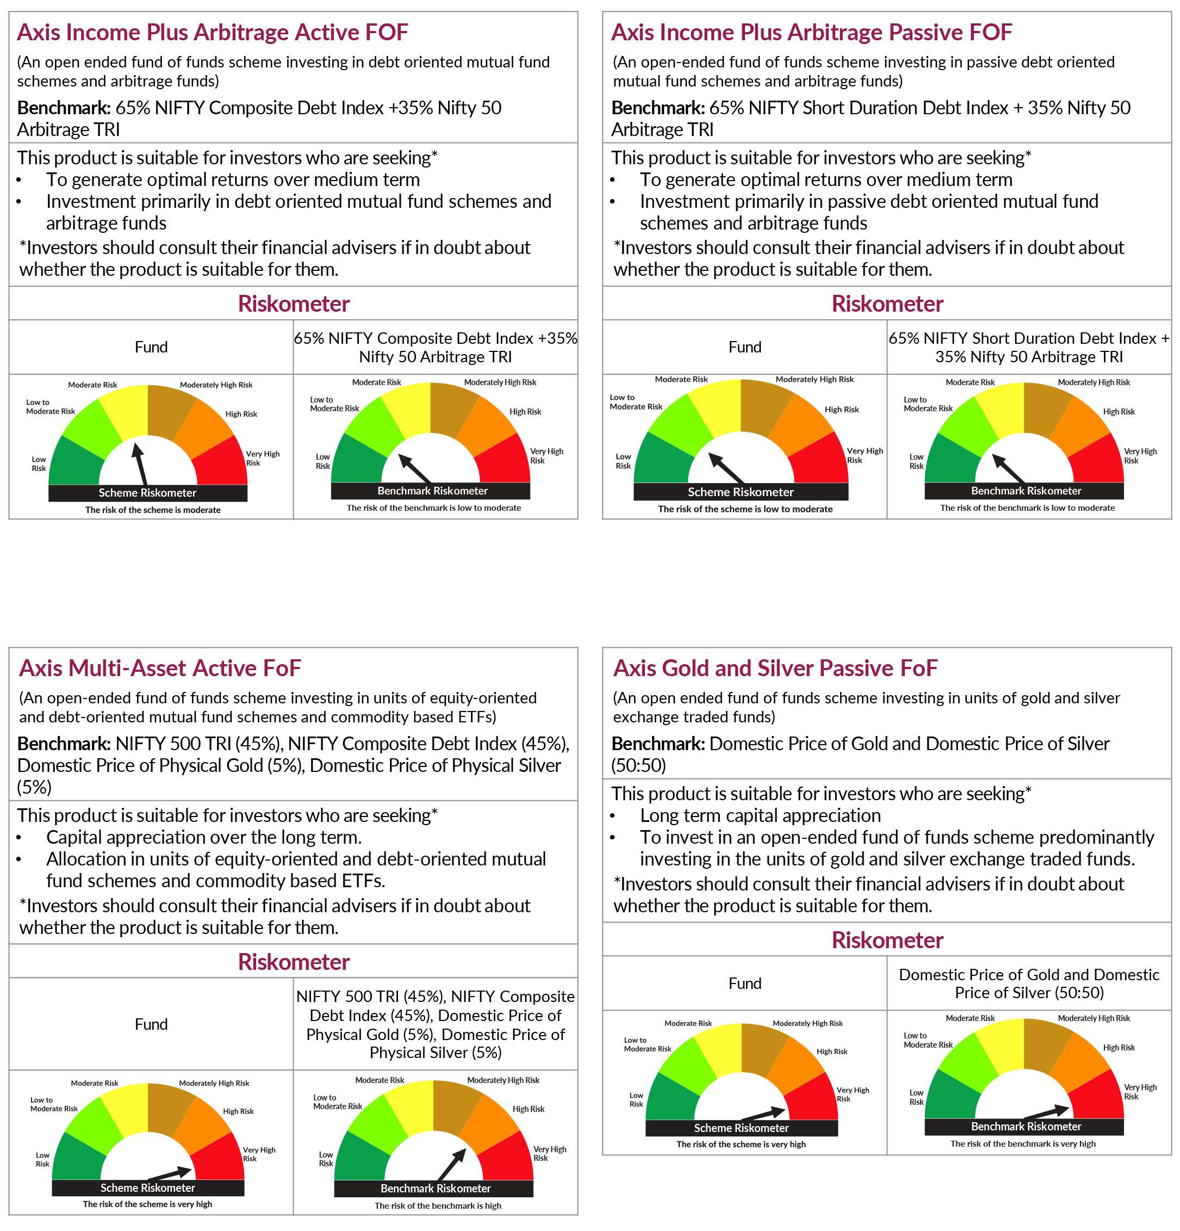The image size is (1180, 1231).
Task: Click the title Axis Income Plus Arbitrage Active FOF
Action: click(x=212, y=32)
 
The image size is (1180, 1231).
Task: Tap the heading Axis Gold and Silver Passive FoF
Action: click(x=774, y=667)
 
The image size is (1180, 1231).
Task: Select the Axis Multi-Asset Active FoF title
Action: click(x=160, y=667)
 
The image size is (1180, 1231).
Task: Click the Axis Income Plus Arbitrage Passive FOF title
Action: click(x=811, y=32)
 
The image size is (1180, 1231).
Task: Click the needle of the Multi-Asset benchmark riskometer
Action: click(x=451, y=1163)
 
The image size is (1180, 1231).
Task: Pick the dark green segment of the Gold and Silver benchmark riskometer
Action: click(x=948, y=1097)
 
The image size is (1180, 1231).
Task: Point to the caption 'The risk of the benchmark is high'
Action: click(x=438, y=1205)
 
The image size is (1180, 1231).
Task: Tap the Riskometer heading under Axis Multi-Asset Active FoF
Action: click(x=293, y=962)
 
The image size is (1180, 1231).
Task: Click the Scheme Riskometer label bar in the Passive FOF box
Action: click(x=741, y=492)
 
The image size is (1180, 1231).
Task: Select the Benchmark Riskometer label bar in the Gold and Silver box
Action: click(x=1025, y=1126)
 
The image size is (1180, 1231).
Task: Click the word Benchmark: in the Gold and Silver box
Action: click(x=657, y=744)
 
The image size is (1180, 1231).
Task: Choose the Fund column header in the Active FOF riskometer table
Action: click(x=151, y=347)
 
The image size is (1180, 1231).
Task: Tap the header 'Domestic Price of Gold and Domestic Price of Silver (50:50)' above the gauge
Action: click(x=1028, y=983)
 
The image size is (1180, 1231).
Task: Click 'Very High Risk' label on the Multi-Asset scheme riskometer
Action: click(x=259, y=1154)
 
